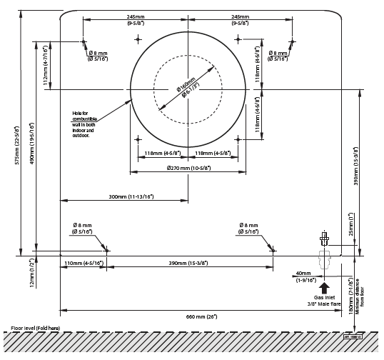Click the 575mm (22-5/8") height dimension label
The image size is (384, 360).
(16, 145)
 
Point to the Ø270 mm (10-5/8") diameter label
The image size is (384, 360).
(188, 169)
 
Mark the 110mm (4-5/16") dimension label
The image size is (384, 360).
(84, 264)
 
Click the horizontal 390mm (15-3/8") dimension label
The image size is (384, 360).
(189, 264)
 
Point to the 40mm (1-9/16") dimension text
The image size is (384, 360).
(304, 276)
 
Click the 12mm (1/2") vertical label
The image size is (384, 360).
(31, 273)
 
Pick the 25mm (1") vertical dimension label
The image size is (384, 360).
(350, 224)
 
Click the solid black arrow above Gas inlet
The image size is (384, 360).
(324, 289)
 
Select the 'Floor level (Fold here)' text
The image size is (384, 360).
(36, 328)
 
